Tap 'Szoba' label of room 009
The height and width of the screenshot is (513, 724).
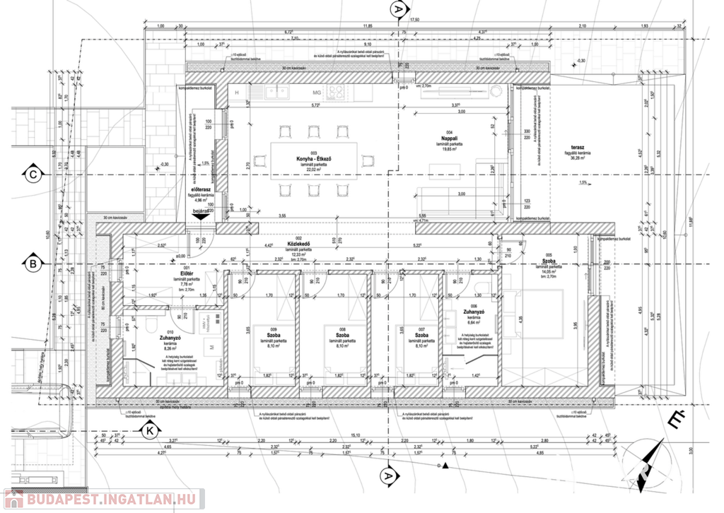point(272,334)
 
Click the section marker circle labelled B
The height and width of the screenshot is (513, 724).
point(33,264)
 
